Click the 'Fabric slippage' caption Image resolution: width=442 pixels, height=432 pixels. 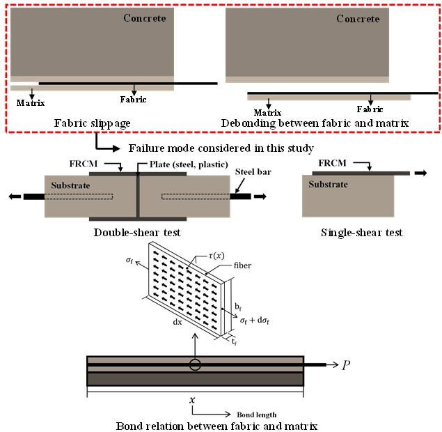92,123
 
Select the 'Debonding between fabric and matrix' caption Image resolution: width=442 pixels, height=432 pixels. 315,123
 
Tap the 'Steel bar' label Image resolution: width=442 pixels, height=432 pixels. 253,171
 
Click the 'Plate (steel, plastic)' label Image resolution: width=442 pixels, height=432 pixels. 189,164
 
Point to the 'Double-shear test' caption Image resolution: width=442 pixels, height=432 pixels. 137,233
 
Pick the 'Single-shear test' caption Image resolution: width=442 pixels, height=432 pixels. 362,233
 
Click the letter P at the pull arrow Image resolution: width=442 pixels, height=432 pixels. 346,365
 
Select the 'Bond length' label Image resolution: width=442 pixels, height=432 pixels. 257,415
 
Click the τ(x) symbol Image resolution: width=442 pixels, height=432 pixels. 216,256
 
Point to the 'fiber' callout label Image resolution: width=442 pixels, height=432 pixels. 242,265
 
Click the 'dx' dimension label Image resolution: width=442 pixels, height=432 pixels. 177,322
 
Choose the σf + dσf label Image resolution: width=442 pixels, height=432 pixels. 255,321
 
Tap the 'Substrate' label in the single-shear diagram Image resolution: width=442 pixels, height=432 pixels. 328,184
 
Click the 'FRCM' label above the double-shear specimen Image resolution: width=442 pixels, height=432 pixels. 84,164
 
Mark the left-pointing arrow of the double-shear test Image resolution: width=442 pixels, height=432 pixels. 15,196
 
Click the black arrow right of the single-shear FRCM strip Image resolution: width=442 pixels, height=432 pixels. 421,173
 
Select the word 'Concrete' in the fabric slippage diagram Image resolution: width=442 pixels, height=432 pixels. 145,18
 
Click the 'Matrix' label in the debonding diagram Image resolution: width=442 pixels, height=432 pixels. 267,113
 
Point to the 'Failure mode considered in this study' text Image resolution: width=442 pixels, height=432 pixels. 221,148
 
